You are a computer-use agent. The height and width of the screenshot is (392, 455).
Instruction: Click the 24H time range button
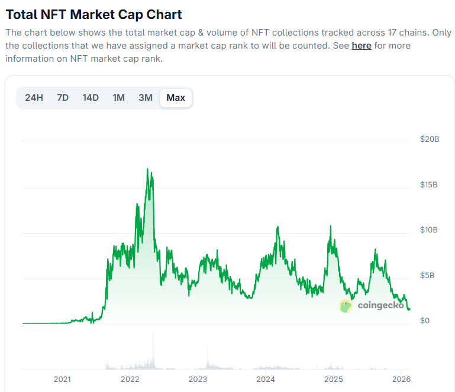[x=34, y=98]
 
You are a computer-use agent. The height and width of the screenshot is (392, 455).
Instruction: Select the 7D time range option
[x=63, y=98]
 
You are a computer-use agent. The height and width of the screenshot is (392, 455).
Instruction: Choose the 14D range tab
[x=91, y=98]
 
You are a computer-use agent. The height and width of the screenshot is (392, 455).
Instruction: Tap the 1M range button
[x=119, y=98]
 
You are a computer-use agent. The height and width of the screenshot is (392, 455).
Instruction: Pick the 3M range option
[x=146, y=98]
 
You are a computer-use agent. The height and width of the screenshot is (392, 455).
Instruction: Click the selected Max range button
[x=176, y=98]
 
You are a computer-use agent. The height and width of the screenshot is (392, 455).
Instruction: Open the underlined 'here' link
[x=362, y=46]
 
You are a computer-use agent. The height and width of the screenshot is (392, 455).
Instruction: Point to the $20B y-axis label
[x=430, y=139]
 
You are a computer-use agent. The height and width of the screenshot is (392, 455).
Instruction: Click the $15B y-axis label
[x=428, y=184]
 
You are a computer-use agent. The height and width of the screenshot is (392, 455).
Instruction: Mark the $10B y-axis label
[x=428, y=230]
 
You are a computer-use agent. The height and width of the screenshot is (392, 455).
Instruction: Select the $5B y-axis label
[x=427, y=275]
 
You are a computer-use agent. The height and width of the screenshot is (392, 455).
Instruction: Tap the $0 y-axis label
[x=425, y=320]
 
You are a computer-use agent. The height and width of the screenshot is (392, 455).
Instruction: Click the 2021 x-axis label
[x=62, y=379]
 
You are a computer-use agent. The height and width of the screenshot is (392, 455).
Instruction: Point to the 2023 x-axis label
[x=198, y=379]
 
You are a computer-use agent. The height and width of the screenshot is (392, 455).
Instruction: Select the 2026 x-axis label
[x=401, y=379]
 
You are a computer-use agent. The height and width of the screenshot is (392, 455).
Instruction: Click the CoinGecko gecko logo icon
[x=346, y=305]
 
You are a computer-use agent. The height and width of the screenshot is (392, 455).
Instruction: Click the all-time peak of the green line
[x=147, y=168]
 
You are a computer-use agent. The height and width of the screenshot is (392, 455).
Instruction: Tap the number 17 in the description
[x=392, y=33]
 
